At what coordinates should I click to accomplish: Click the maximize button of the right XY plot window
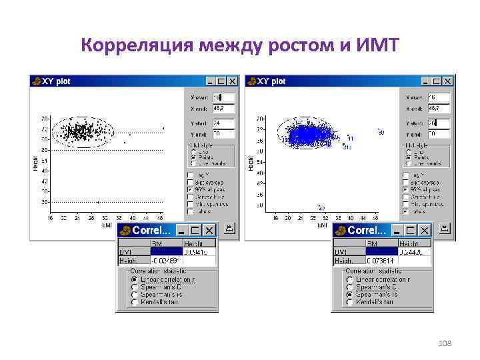pyautogui.click(x=436, y=81)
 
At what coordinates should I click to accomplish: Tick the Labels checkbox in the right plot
pyautogui.click(x=406, y=211)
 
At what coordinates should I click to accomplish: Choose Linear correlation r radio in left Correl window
pyautogui.click(x=135, y=279)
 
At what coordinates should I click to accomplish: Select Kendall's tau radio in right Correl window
pyautogui.click(x=350, y=302)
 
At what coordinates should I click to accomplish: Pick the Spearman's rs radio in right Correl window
pyautogui.click(x=350, y=294)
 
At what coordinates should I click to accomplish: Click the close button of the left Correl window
pyautogui.click(x=209, y=230)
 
